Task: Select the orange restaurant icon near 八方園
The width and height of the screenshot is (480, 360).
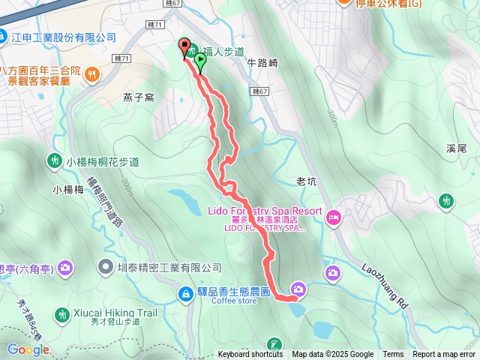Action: tap(91, 73)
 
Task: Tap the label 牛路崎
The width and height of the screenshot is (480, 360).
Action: tap(262, 64)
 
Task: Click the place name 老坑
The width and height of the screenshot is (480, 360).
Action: tap(307, 181)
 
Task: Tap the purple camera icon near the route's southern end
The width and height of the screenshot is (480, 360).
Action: tap(298, 289)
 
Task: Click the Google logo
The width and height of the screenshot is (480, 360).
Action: tap(28, 349)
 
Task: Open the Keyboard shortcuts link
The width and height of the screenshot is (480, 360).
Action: tap(250, 355)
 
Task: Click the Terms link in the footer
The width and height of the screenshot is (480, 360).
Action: tap(393, 355)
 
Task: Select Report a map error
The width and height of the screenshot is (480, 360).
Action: tap(444, 355)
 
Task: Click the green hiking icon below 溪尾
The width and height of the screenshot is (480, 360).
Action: tap(446, 200)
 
